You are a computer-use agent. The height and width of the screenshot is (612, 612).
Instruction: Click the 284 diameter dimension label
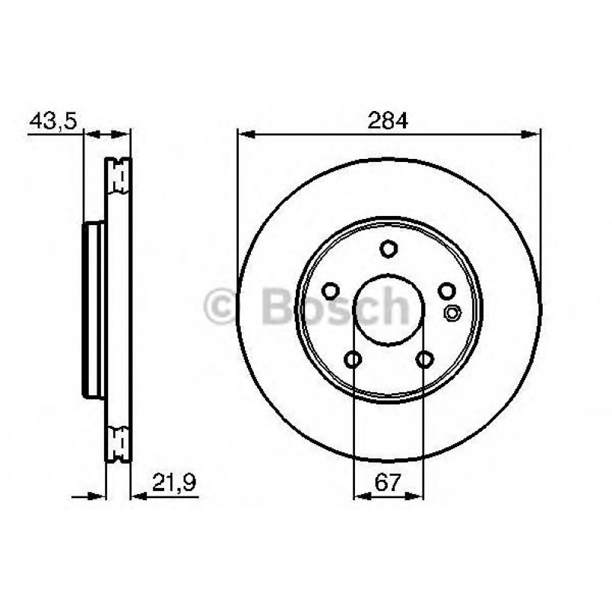[x=388, y=120]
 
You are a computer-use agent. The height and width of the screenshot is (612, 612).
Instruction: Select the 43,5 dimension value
[x=53, y=120]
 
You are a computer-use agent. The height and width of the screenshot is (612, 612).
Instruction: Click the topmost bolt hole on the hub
[x=388, y=249]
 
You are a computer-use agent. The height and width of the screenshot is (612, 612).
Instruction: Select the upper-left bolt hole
[x=331, y=290]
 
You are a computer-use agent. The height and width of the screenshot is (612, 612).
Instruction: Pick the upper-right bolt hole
[x=446, y=290]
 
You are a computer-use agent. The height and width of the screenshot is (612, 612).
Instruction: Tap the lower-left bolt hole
[x=354, y=358]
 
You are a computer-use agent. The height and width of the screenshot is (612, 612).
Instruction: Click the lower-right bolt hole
[x=424, y=358]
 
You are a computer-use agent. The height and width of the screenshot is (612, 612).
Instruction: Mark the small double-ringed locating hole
[x=452, y=311]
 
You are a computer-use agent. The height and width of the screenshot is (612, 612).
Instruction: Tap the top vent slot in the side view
[x=118, y=179]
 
